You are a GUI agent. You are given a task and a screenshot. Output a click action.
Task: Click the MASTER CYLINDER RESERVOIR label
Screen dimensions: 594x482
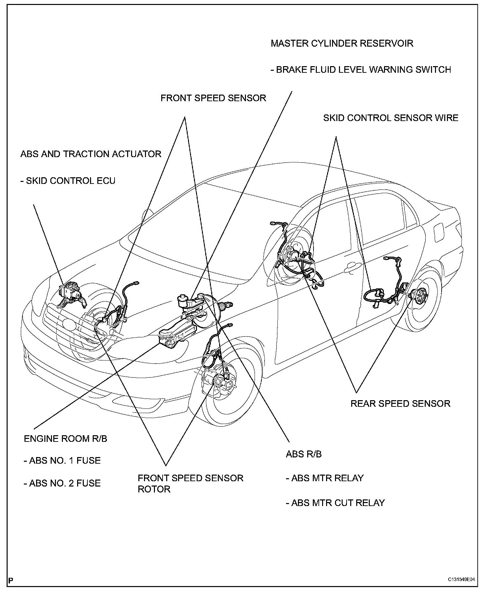click(342, 43)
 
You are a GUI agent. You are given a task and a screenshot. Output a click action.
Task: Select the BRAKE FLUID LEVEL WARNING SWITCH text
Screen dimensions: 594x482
click(361, 70)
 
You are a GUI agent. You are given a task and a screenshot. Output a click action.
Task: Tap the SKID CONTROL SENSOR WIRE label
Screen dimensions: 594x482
click(391, 118)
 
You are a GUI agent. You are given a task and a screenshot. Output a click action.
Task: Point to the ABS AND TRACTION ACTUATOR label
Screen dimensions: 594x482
click(91, 154)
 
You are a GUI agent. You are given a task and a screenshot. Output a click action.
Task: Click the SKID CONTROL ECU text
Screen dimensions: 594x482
click(68, 181)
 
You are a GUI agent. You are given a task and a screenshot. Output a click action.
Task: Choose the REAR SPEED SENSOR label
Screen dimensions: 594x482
click(400, 403)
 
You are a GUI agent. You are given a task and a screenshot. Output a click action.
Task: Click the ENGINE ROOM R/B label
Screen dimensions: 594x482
click(66, 439)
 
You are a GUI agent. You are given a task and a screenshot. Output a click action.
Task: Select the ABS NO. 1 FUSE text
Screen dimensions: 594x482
click(62, 461)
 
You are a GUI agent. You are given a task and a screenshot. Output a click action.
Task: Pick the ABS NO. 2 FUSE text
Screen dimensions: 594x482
click(62, 483)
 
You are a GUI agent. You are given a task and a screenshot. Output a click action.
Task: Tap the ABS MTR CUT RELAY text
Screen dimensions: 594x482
click(335, 503)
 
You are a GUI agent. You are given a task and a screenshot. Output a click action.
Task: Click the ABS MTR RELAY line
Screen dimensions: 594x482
click(324, 478)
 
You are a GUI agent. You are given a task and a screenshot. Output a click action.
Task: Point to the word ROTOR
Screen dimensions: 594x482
click(154, 489)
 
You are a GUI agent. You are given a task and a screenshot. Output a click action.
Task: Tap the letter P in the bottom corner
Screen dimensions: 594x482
click(11, 580)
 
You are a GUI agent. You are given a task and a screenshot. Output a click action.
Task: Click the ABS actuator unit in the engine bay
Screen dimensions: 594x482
click(71, 292)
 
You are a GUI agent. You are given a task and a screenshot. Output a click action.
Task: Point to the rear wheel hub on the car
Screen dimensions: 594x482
click(419, 296)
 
